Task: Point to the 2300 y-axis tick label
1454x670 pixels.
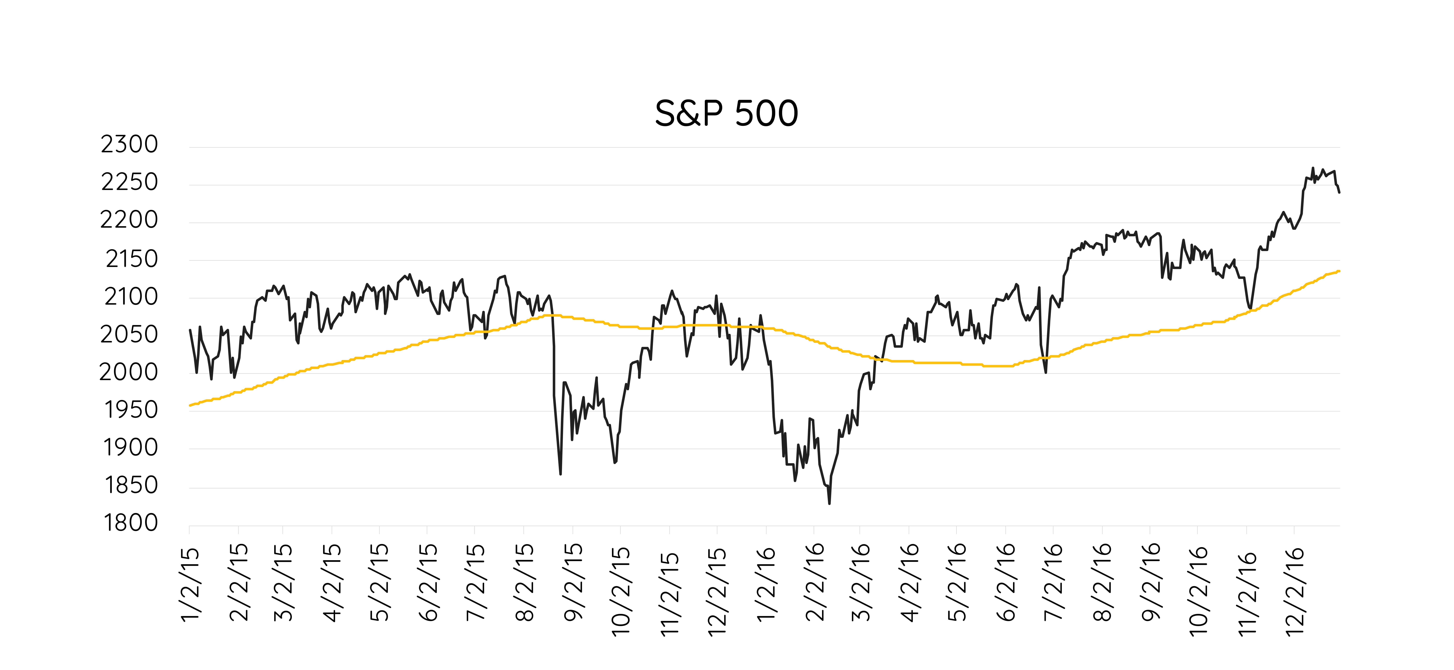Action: [129, 144]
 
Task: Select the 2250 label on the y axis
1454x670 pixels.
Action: [129, 182]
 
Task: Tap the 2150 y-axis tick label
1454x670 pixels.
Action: [132, 259]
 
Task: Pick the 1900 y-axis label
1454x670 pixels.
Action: [130, 448]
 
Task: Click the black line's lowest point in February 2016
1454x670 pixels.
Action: [829, 503]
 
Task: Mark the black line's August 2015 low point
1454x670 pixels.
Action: [560, 474]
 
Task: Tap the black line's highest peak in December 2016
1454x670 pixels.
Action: [1313, 168]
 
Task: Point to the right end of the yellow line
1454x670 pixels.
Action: [1339, 271]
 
